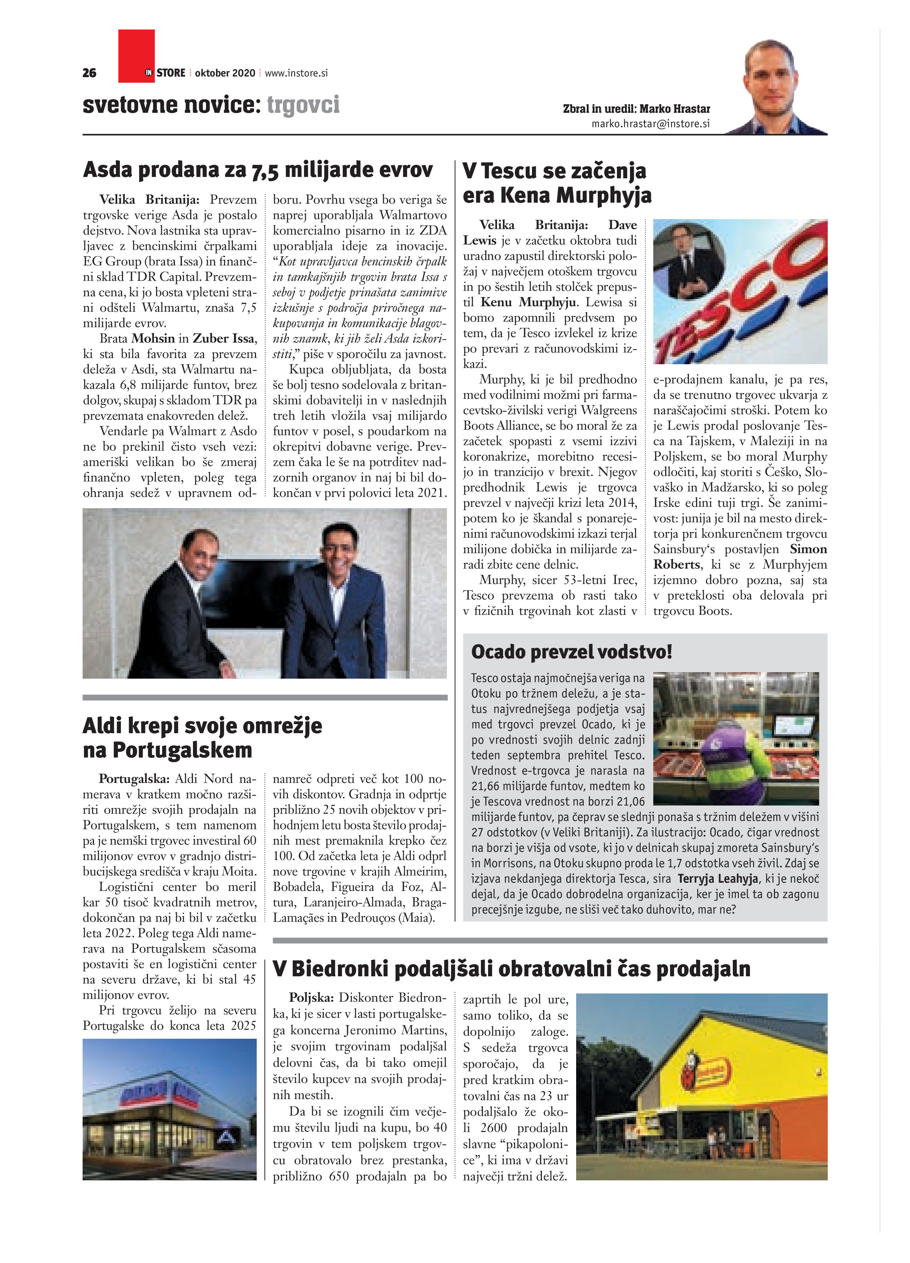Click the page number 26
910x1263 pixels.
89,73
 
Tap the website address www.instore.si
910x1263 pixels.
296,73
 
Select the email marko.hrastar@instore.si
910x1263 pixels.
650,124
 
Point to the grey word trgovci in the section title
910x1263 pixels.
303,105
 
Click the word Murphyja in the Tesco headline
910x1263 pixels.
603,195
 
